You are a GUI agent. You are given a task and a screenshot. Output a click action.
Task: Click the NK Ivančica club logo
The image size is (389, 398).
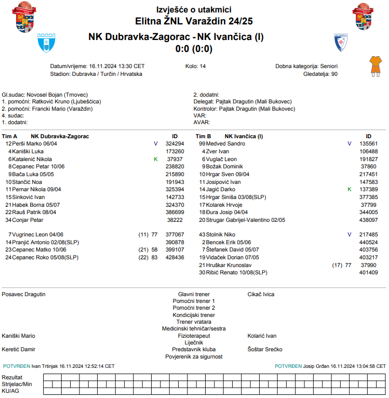340,43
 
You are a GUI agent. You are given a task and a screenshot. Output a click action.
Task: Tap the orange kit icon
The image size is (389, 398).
374,65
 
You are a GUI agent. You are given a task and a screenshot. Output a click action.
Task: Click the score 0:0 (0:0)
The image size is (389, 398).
194,49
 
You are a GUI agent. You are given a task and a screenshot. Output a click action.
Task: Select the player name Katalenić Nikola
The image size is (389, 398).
32,159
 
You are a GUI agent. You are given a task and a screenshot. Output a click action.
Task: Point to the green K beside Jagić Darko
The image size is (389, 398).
350,190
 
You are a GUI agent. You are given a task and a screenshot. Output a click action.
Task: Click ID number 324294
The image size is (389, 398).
175,143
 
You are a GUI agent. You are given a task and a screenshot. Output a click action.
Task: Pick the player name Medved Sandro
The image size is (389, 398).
225,143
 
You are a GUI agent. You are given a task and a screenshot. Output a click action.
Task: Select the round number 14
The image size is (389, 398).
203,67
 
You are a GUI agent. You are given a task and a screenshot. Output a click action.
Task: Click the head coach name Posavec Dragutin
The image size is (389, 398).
24,294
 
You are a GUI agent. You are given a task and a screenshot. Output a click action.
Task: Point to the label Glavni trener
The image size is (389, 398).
194,294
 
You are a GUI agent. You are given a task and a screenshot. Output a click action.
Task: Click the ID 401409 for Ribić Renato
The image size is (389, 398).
368,272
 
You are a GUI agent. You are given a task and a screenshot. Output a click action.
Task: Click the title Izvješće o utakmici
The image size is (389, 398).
194,10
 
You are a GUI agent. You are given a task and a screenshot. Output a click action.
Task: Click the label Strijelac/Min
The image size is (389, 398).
17,383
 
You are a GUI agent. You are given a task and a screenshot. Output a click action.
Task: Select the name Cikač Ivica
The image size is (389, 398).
261,294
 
